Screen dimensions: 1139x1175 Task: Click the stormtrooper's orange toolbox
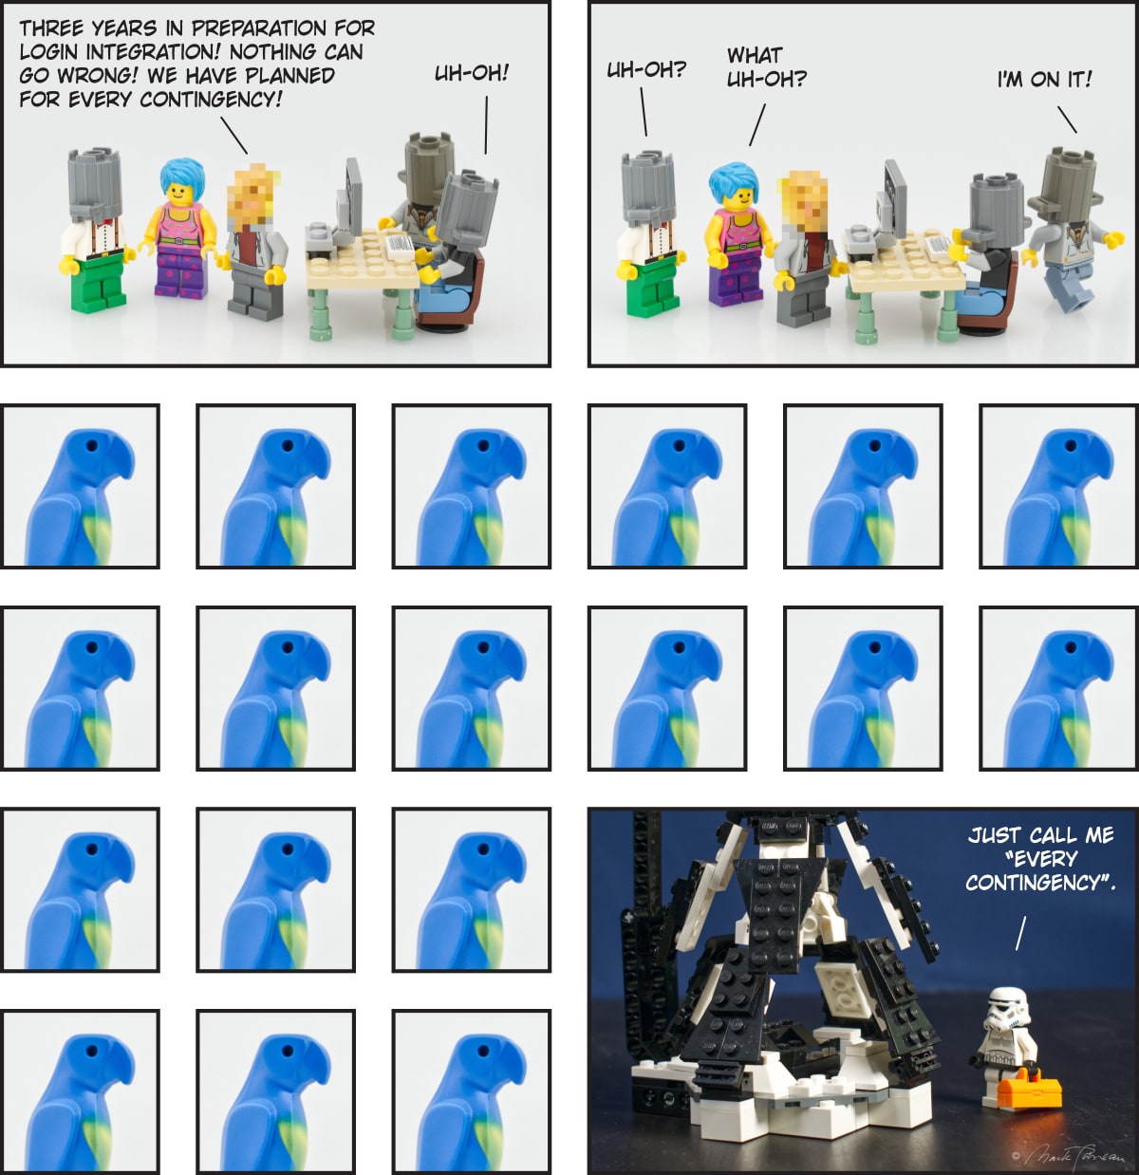tap(1029, 1091)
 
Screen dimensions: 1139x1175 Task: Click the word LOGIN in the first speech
tap(49, 52)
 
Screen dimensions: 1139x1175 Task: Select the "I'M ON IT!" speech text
tap(1045, 79)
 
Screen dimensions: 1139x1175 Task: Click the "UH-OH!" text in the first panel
tap(472, 73)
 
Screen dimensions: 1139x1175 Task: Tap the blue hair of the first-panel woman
tap(182, 175)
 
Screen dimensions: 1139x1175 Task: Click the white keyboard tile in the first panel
tap(400, 247)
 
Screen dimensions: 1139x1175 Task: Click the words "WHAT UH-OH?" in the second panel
tap(767, 67)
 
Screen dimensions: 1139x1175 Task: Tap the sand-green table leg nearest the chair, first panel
tap(403, 312)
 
